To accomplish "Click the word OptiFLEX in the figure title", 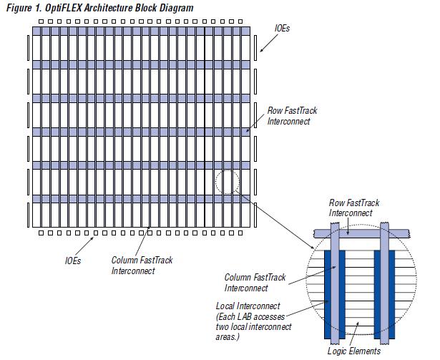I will (59, 7).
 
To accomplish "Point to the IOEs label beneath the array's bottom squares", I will (72, 260).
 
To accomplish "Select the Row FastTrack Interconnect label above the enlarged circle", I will (353, 208).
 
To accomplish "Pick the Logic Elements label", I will (353, 351).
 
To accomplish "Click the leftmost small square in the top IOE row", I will (41, 21).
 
